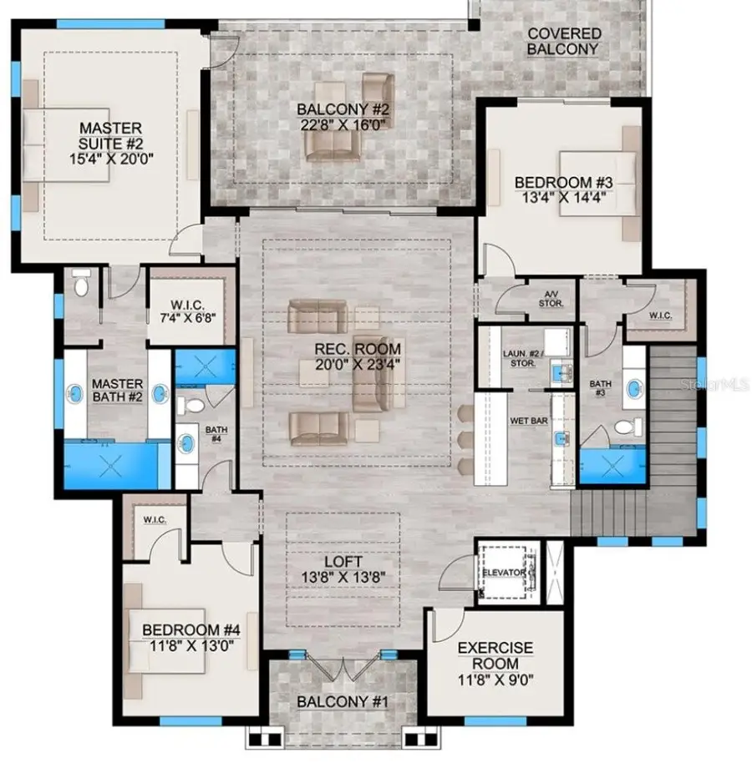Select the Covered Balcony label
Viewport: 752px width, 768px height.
[x=564, y=41]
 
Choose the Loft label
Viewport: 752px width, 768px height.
[x=343, y=562]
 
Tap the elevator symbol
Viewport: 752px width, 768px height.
[x=506, y=573]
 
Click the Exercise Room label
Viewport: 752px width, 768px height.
[x=495, y=655]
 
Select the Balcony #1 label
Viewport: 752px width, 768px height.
[x=343, y=701]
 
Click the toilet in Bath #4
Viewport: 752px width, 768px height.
[x=193, y=405]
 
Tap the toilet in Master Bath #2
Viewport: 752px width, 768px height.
[x=81, y=285]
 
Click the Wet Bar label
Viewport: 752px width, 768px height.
[x=528, y=421]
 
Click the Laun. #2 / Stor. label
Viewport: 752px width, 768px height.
[x=524, y=358]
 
